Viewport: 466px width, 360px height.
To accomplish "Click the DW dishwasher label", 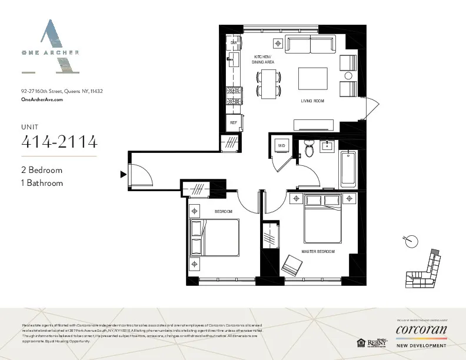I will [x=234, y=43].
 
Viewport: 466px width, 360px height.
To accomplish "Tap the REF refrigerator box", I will [x=234, y=122].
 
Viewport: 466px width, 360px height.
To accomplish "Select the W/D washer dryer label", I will [x=281, y=145].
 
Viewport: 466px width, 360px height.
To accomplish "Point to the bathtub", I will [x=348, y=169].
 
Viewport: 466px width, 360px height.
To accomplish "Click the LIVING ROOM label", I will [x=312, y=101].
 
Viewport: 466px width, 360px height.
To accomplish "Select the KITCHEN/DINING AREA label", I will [x=263, y=59].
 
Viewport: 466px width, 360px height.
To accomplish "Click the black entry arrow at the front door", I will [x=123, y=174].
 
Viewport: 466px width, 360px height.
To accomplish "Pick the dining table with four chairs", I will [x=268, y=83].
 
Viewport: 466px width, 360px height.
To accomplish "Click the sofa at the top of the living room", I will [x=309, y=45].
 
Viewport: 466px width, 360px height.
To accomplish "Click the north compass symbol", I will [x=412, y=241].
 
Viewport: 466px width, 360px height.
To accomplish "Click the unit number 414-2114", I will [x=59, y=142].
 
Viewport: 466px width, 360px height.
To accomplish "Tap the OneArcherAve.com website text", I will [x=42, y=100].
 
